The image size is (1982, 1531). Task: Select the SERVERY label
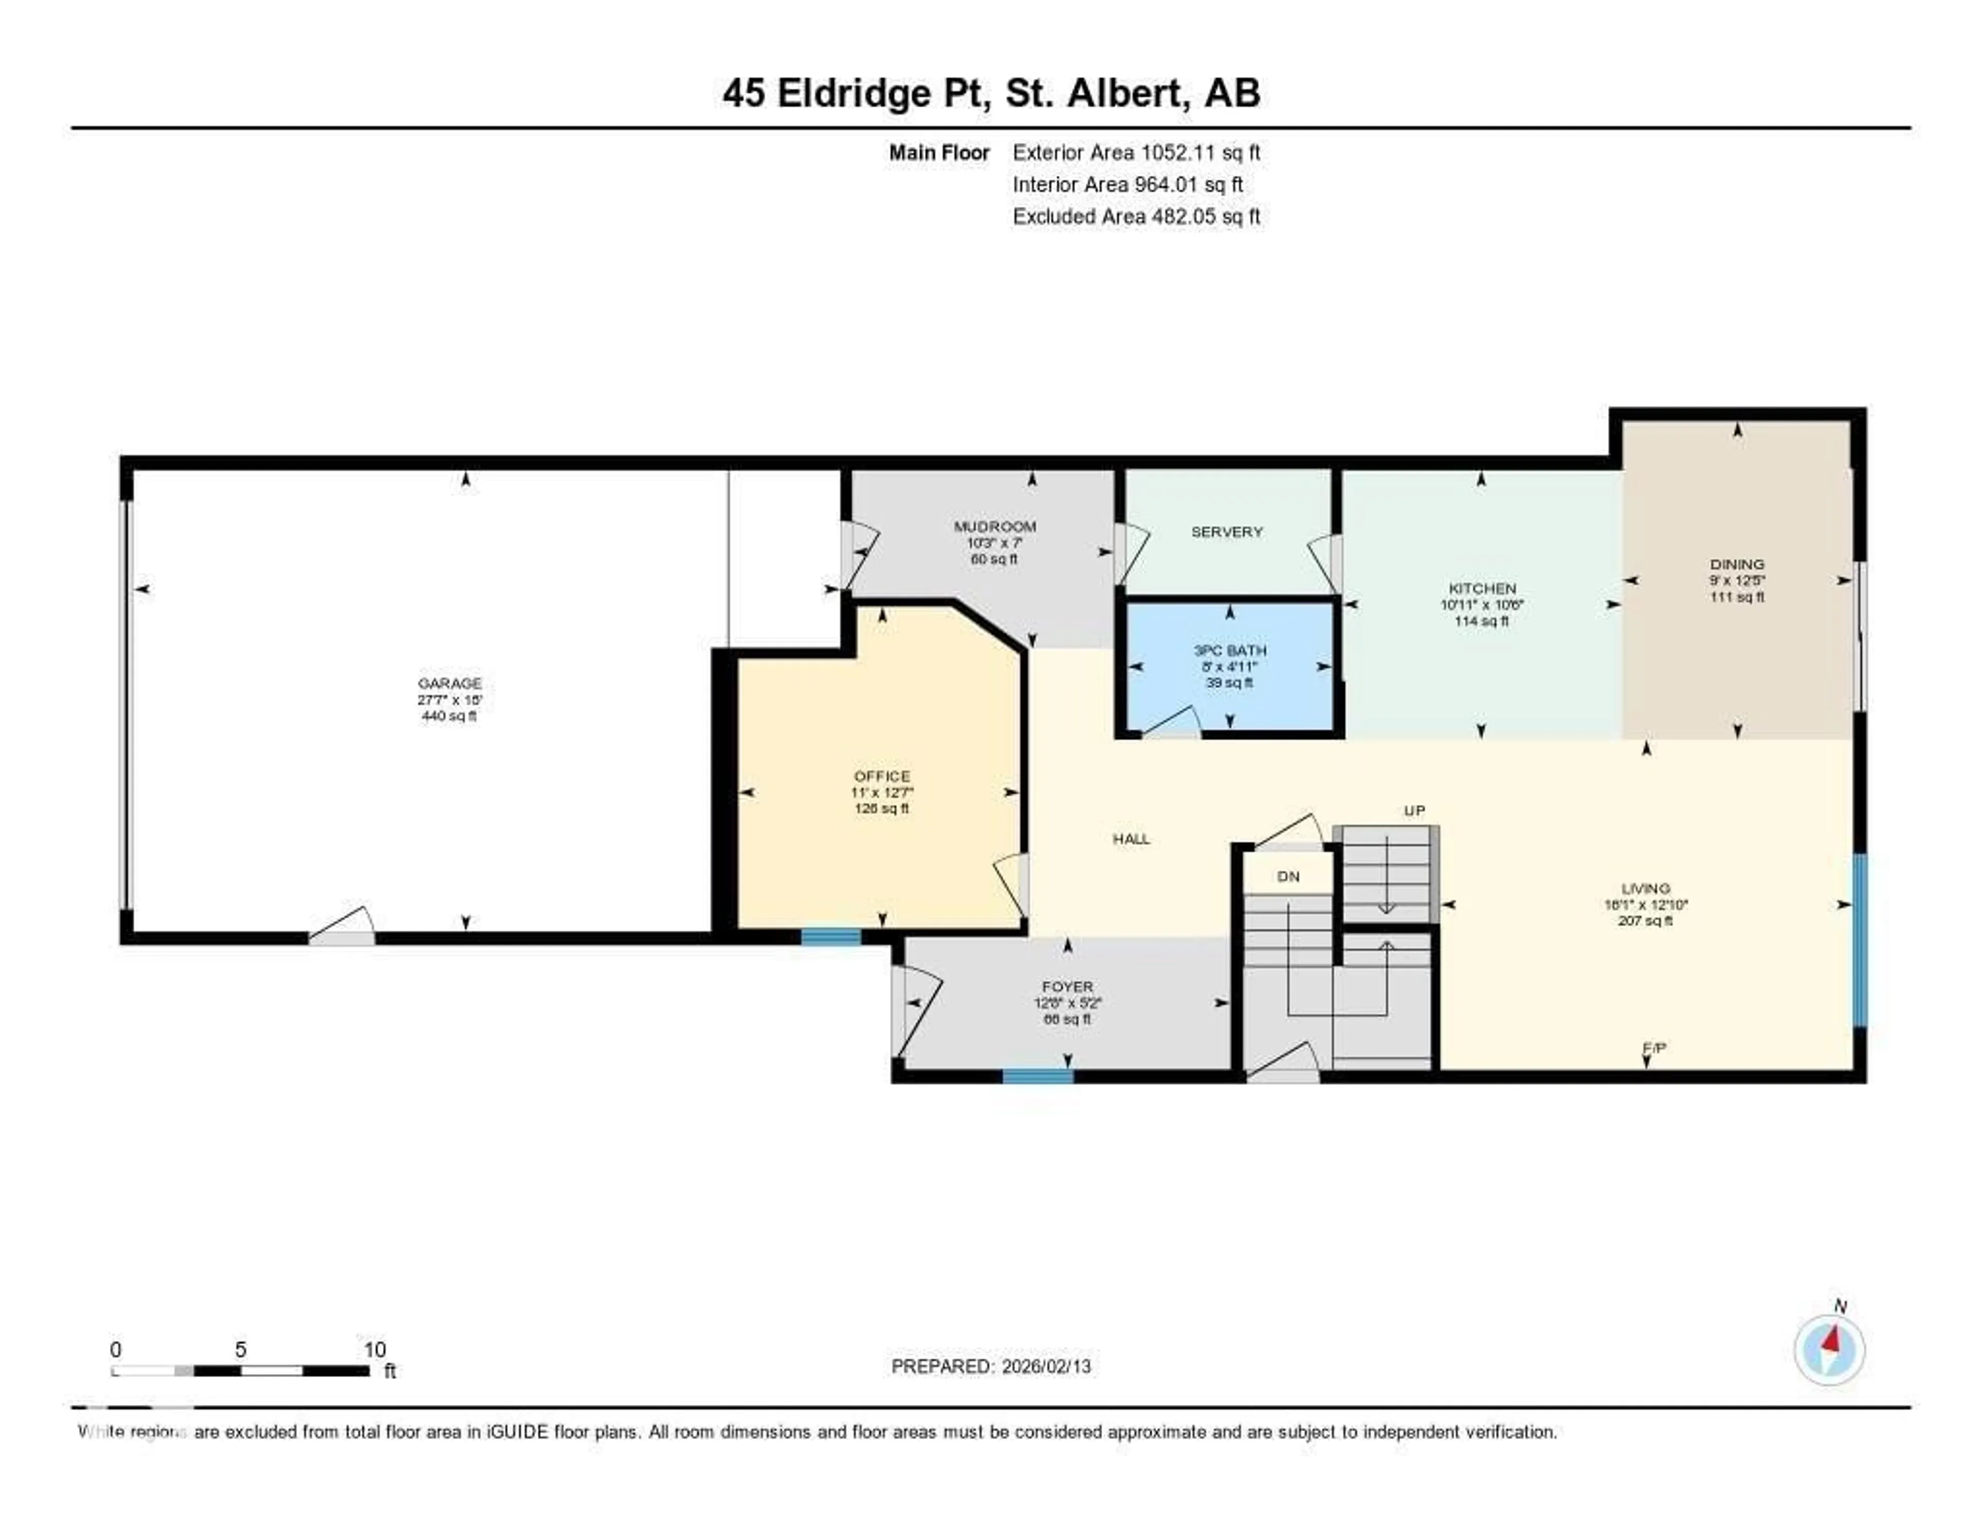[x=1227, y=532]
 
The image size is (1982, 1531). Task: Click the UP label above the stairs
[x=1414, y=810]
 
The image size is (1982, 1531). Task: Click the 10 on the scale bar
[x=375, y=1349]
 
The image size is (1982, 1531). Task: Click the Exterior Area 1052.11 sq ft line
[x=1136, y=152]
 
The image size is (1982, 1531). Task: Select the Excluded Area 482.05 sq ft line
[x=1136, y=216]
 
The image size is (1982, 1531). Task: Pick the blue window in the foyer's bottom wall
[x=1037, y=1076]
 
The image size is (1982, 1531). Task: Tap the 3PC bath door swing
[x=1171, y=722]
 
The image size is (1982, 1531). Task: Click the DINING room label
[x=1737, y=564]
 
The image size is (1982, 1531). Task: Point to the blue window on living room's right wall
[x=1859, y=940]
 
